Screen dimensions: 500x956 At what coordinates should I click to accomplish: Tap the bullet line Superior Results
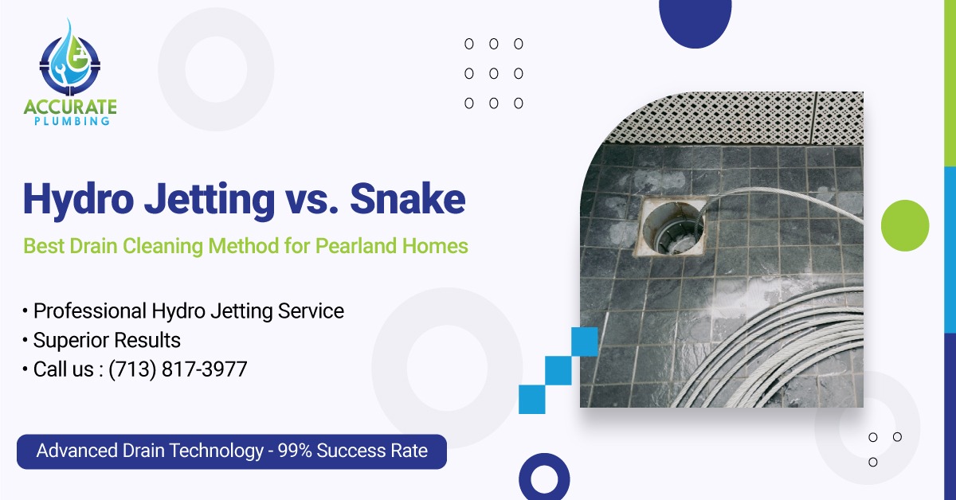[107, 341]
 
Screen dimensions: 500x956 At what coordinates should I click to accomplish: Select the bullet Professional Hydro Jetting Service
[189, 311]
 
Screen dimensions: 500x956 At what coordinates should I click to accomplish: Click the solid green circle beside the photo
[906, 225]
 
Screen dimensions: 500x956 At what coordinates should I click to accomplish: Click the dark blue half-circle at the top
[695, 20]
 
